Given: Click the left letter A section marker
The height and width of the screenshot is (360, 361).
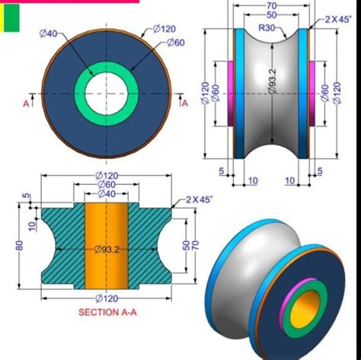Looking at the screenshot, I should click(x=25, y=104).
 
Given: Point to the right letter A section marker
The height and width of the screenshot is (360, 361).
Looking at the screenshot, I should click(x=184, y=104).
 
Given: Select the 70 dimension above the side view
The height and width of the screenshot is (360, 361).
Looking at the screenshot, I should click(x=271, y=6).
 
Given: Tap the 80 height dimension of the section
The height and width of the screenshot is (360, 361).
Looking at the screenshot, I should click(x=19, y=245).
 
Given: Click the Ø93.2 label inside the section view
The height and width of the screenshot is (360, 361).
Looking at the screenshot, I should click(x=107, y=249).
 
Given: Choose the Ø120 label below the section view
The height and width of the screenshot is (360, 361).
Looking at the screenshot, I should click(x=107, y=298).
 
